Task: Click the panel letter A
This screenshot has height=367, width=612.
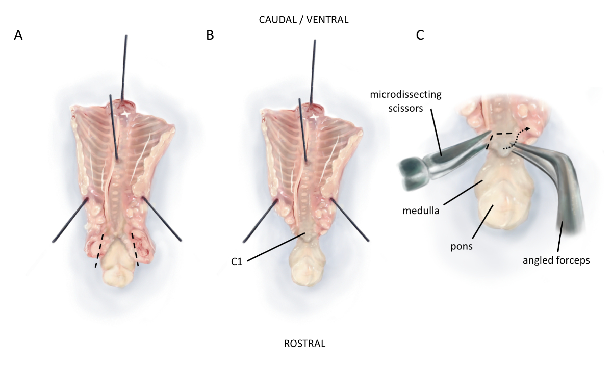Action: pos(19,36)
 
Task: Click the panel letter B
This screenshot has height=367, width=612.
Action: pos(209,36)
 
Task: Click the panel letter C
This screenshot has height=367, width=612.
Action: pos(420,36)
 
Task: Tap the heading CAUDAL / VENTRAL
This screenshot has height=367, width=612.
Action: pos(304,20)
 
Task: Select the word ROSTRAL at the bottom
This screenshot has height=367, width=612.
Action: pos(304,343)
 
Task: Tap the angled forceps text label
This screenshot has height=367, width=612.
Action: pos(556,260)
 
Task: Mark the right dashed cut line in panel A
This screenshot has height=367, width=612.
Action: pos(136,250)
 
